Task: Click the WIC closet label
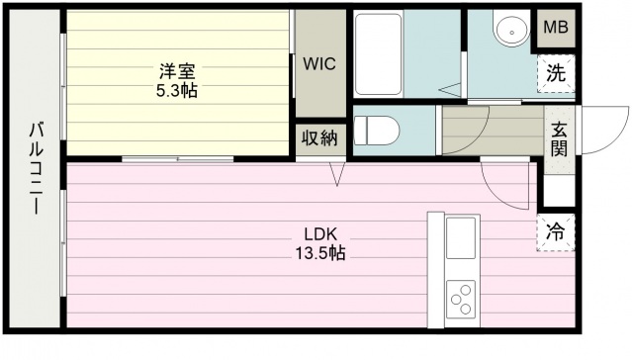tap(320, 63)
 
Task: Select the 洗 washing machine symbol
tap(556, 73)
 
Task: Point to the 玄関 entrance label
tap(559, 138)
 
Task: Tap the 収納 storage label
tap(320, 138)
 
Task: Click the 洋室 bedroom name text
tap(179, 72)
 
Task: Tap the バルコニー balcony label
tap(36, 169)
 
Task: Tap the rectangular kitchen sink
tap(462, 238)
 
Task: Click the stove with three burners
tap(461, 297)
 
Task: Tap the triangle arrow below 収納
tap(337, 174)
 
